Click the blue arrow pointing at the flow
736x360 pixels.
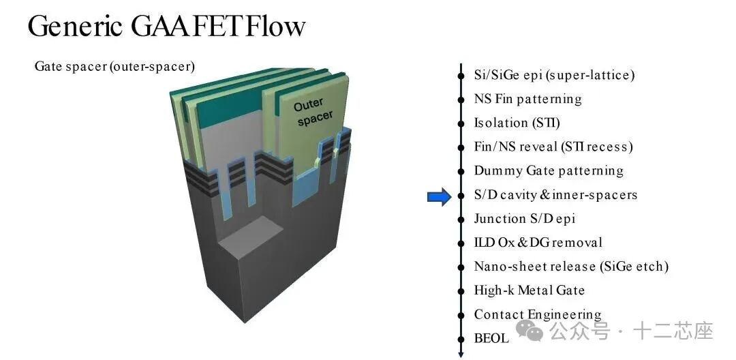[x=439, y=198]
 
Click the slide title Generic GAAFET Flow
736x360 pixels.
[x=166, y=27]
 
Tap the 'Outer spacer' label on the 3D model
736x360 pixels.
[x=314, y=112]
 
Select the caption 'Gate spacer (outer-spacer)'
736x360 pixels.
[x=114, y=67]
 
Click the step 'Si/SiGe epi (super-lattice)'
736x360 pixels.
[x=553, y=75]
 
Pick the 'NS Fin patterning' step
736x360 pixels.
[x=527, y=99]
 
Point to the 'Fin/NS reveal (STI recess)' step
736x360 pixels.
[x=553, y=147]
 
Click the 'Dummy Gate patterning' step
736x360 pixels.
[x=548, y=170]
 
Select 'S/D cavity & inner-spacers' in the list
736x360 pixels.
[x=555, y=194]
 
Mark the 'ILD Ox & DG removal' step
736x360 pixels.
[x=538, y=243]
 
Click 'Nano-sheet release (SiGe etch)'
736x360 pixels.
[x=570, y=267]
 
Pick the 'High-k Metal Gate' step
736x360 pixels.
[x=529, y=290]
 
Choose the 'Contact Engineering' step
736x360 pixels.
[x=537, y=314]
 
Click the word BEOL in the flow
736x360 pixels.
[x=491, y=338]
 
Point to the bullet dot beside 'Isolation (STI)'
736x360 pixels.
[x=461, y=123]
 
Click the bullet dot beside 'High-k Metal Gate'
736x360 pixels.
[x=461, y=290]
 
